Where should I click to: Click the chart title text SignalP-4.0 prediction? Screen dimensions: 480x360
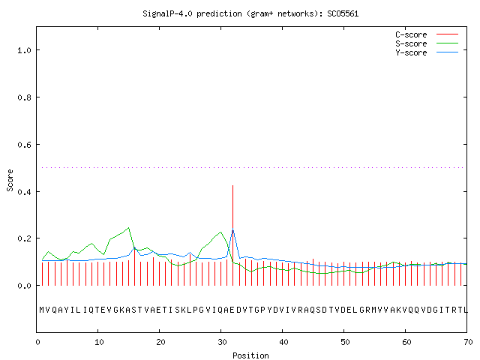click(192, 14)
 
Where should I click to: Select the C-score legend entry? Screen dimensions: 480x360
click(427, 34)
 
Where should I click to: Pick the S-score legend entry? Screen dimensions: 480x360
click(427, 43)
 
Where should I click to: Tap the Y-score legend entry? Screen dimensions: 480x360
click(427, 52)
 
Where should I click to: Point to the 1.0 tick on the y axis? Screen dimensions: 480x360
click(24, 50)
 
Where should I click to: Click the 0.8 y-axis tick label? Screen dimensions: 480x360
click(24, 97)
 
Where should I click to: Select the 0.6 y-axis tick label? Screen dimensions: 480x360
click(24, 145)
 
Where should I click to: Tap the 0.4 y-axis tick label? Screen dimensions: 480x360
click(24, 192)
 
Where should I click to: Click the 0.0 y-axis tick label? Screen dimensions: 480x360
click(24, 286)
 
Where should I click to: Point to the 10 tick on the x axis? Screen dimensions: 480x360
click(98, 342)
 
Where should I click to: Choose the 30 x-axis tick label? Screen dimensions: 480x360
click(222, 342)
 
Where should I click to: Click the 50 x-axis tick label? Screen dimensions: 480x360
click(345, 342)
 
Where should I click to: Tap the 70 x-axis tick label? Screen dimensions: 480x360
click(468, 342)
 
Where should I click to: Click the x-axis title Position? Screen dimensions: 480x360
click(250, 355)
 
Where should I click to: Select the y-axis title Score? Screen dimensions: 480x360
click(10, 180)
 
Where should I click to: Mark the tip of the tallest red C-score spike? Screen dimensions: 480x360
click(233, 185)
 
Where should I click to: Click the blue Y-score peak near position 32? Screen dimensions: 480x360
click(233, 229)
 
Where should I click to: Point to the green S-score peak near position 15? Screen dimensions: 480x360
click(128, 228)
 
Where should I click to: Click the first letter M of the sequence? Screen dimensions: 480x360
click(42, 310)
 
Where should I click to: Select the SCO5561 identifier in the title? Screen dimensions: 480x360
click(343, 14)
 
